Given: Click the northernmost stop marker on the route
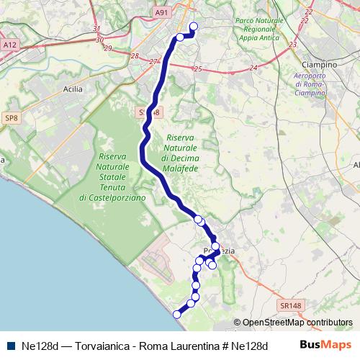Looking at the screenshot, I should tap(193, 27).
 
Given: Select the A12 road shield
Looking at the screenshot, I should tap(9, 45).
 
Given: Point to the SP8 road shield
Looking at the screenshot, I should tap(10, 117).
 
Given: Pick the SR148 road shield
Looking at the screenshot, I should tap(291, 305).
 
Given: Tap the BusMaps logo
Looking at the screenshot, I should tap(325, 345).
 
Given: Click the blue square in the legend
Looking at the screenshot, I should tap(11, 345).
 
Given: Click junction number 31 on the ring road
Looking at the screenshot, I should tap(97, 30).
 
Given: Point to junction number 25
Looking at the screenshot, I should tap(197, 69).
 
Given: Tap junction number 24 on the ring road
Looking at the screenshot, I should tap(253, 68).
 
